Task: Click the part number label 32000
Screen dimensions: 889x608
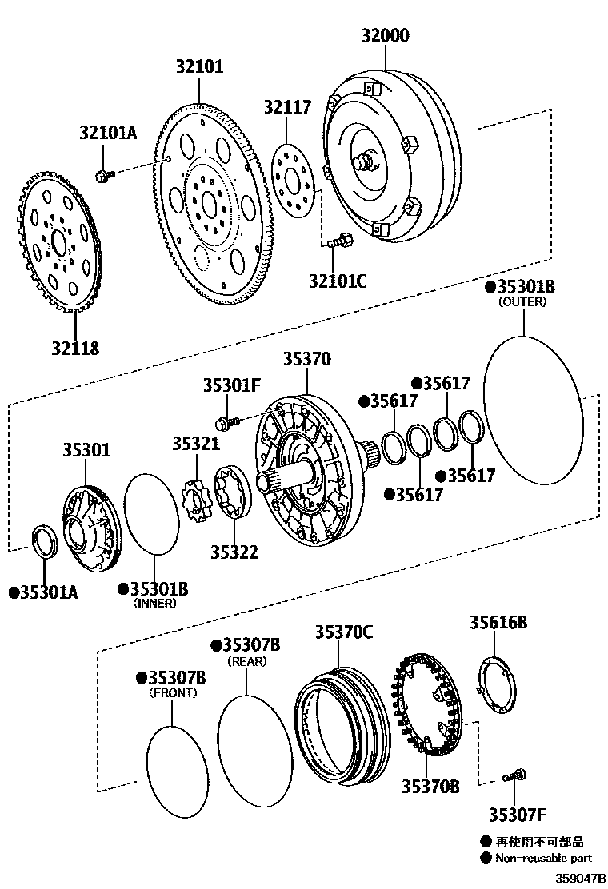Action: pyautogui.click(x=385, y=35)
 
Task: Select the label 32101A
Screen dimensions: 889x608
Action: pyautogui.click(x=108, y=134)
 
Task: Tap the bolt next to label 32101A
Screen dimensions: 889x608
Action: pyautogui.click(x=103, y=176)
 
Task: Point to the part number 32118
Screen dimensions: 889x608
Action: pyautogui.click(x=75, y=348)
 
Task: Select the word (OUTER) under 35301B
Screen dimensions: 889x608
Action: pyautogui.click(x=522, y=302)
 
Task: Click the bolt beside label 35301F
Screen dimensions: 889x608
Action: pyautogui.click(x=226, y=421)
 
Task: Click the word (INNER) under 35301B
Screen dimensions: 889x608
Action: pyautogui.click(x=154, y=604)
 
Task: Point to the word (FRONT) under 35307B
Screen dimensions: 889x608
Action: pyautogui.click(x=173, y=693)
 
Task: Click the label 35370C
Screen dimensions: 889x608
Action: pyautogui.click(x=342, y=632)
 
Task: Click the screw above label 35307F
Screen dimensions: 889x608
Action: pyautogui.click(x=513, y=775)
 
